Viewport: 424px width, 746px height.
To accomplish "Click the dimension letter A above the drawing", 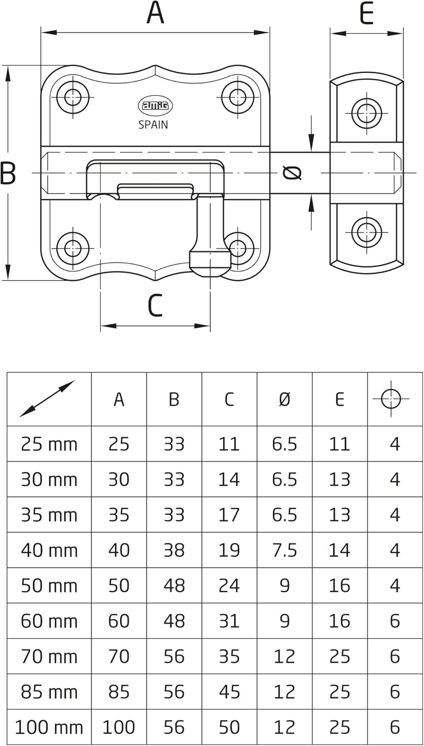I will pyautogui.click(x=155, y=13).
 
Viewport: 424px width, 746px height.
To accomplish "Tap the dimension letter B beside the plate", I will pyautogui.click(x=8, y=174).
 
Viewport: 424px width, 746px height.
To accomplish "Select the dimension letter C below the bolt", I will pyautogui.click(x=155, y=306).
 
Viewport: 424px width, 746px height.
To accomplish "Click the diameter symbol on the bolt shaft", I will pyautogui.click(x=292, y=173).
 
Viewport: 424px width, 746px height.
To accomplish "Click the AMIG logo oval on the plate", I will pyautogui.click(x=153, y=105).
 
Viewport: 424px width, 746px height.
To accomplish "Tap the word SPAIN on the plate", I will pyautogui.click(x=153, y=125).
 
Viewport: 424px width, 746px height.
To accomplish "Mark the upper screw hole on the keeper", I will pyautogui.click(x=367, y=113).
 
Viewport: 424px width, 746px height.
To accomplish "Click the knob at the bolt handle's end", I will pyautogui.click(x=210, y=263).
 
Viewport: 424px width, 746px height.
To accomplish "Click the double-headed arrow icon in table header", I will pyautogui.click(x=47, y=399).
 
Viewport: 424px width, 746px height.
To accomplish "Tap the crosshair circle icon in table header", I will pyautogui.click(x=391, y=399).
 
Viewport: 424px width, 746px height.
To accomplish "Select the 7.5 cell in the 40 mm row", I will pyautogui.click(x=284, y=550).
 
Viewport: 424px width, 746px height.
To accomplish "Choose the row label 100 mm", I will pyautogui.click(x=49, y=727).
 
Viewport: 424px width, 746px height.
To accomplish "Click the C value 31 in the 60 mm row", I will pyautogui.click(x=229, y=621).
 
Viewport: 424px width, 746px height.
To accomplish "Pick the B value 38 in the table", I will pyautogui.click(x=174, y=550).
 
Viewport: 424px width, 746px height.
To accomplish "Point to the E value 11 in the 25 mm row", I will pyautogui.click(x=339, y=444).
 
